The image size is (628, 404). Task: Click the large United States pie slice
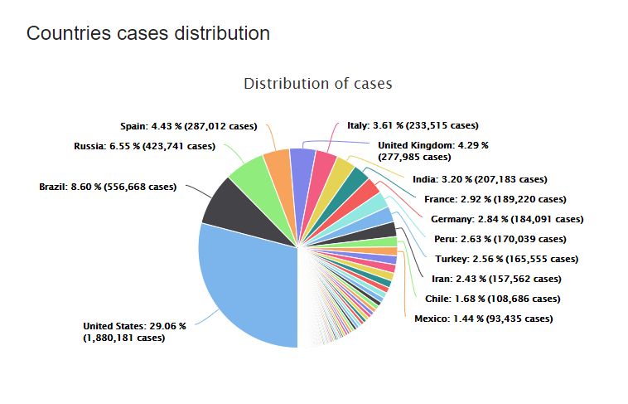tap(249, 282)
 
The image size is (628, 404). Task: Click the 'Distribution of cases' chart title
tap(317, 84)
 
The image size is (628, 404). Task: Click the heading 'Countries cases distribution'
tap(148, 33)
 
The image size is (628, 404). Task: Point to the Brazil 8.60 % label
tap(108, 187)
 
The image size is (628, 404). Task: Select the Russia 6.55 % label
tap(144, 146)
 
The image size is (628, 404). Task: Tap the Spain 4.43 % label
tap(192, 126)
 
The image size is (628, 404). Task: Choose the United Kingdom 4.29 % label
tap(432, 150)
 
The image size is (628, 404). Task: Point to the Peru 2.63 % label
tap(500, 239)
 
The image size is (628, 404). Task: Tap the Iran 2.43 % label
tap(496, 279)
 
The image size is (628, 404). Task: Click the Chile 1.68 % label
tap(491, 299)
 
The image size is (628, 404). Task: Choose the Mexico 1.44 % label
tap(483, 319)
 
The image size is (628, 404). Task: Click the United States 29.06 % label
tap(134, 332)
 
